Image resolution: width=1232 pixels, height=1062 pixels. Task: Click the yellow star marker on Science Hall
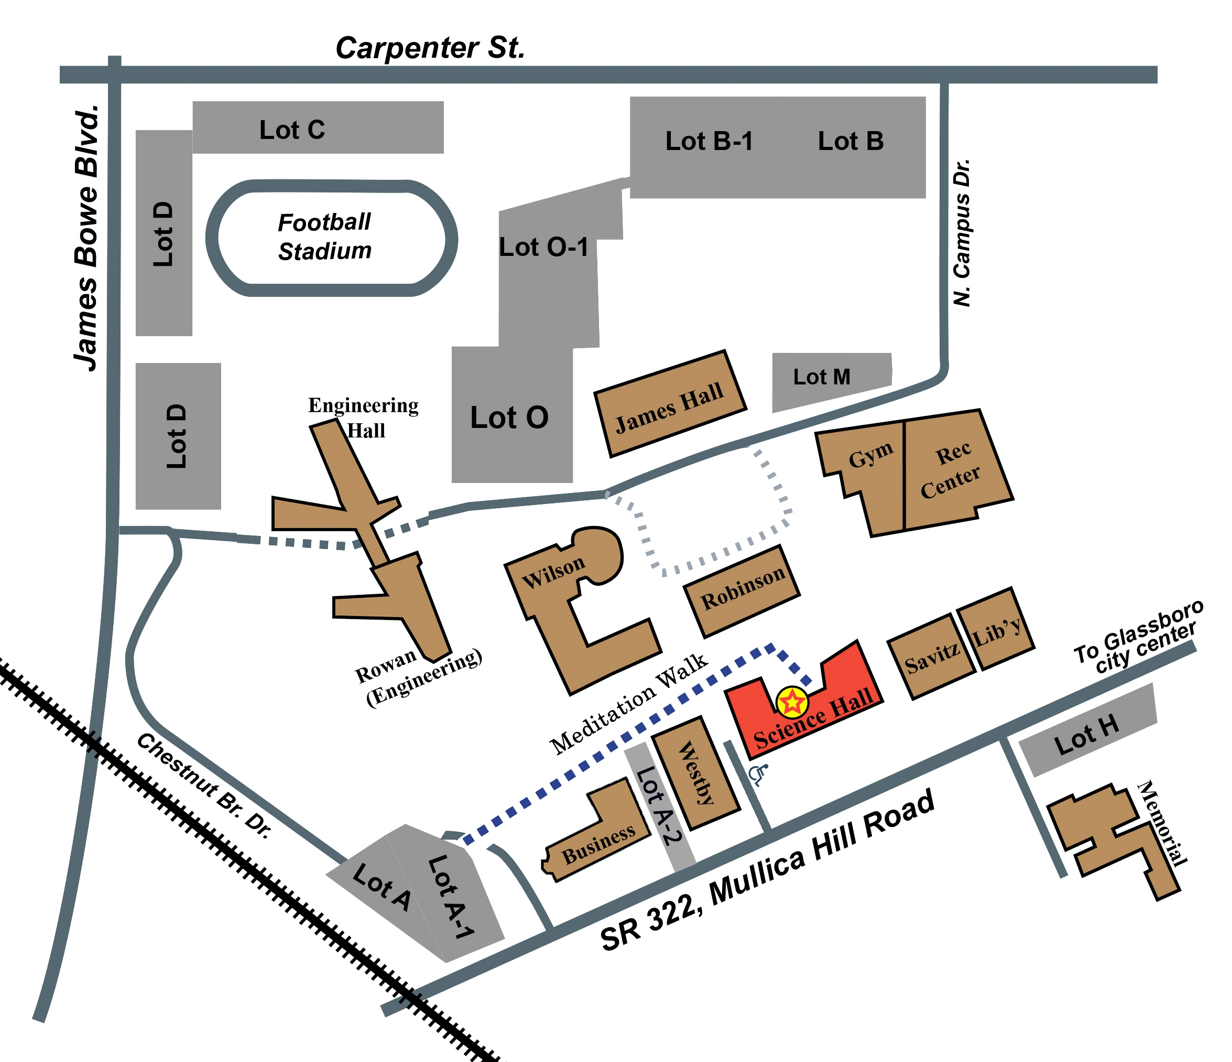pos(792,703)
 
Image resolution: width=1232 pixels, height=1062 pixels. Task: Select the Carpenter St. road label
pos(430,48)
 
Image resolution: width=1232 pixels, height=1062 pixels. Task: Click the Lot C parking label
pos(292,130)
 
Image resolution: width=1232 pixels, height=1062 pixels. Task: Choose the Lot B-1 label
pos(709,142)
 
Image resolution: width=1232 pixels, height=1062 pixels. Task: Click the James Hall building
pos(670,406)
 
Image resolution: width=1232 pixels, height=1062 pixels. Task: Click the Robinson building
pos(743,589)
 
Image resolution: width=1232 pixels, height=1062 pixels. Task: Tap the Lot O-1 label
pos(543,248)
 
